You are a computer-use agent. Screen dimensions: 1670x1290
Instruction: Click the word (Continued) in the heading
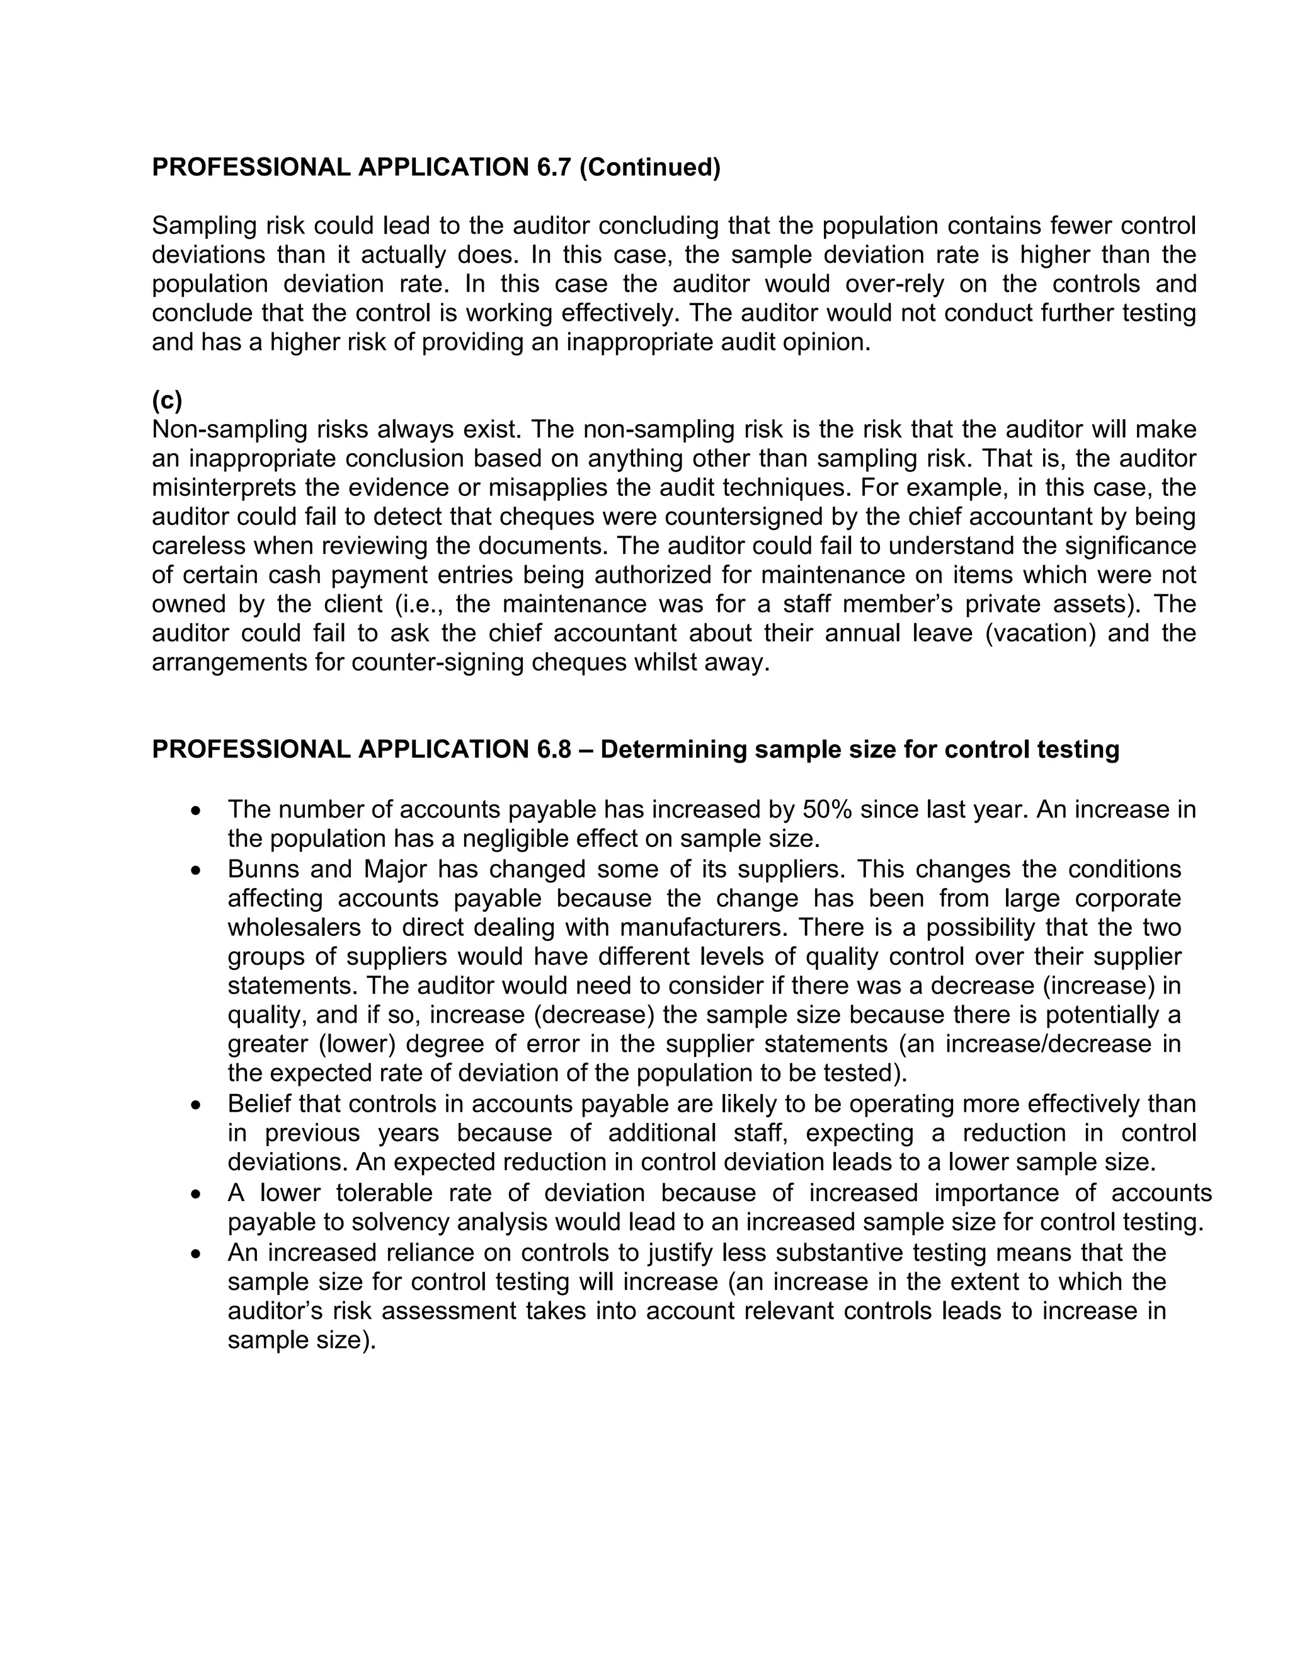tap(649, 167)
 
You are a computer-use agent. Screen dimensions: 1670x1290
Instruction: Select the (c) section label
tap(166, 400)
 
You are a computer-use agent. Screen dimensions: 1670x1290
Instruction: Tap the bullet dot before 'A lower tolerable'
tap(197, 1194)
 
